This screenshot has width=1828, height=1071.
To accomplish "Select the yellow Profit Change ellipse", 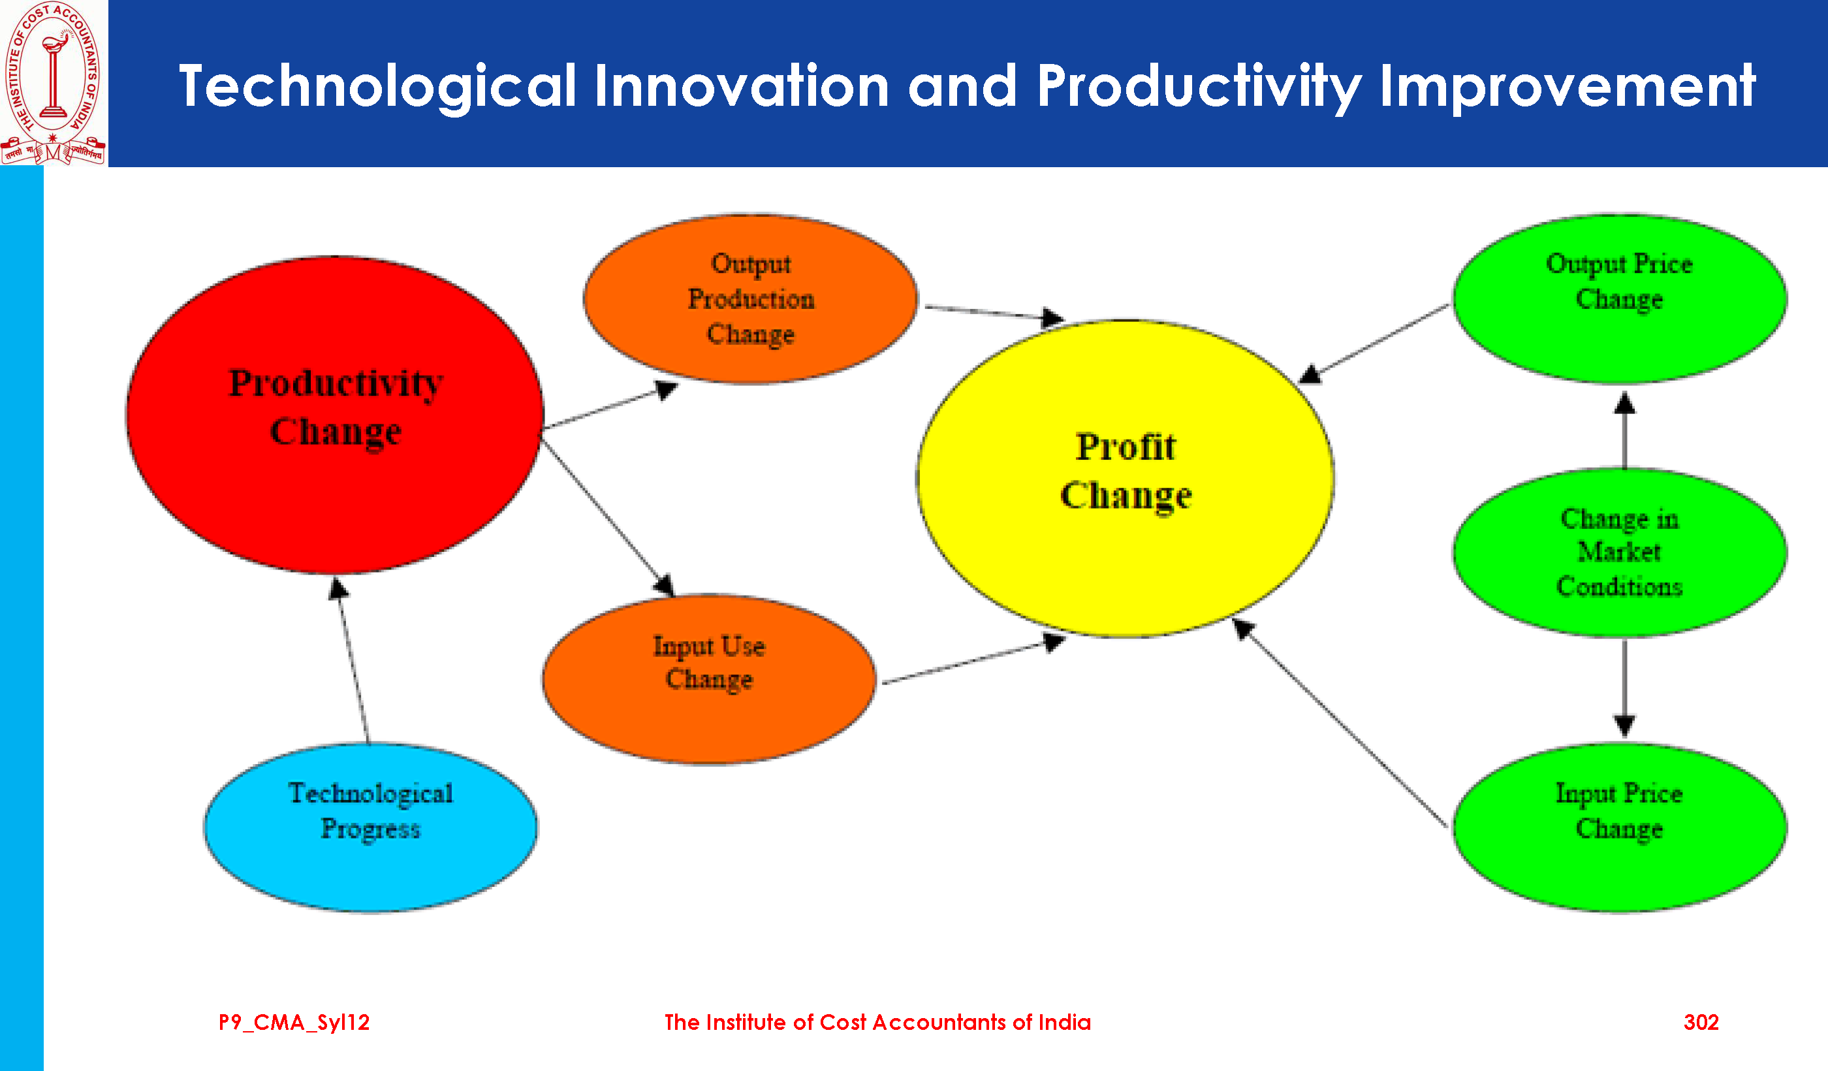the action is coord(1125,478).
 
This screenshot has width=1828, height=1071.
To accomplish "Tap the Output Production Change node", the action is coord(751,299).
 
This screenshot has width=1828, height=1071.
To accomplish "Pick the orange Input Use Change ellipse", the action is coord(710,679).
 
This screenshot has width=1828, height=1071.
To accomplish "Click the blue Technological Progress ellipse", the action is coord(371,828).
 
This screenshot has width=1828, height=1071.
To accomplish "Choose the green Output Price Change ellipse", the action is coord(1620,299).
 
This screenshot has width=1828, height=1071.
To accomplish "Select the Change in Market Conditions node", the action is coord(1620,553).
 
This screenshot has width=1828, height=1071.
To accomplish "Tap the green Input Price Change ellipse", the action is coord(1620,828).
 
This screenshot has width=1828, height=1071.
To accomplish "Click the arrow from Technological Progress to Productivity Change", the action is coord(353,660).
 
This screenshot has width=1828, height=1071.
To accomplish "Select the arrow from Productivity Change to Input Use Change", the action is coord(608,518).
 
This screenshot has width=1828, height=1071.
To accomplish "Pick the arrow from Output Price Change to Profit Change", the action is coord(1372,344).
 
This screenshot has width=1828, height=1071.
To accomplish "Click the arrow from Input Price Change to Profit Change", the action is coord(1339,723).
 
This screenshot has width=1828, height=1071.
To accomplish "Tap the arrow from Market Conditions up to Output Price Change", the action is coord(1624,430).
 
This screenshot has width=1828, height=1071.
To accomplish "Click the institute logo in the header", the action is coord(54,83).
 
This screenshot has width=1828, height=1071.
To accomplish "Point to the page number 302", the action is coord(1701,1023).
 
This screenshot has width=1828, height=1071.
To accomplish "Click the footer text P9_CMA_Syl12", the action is coord(294,1023).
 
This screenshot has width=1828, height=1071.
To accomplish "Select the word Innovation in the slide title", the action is coord(742,86).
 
